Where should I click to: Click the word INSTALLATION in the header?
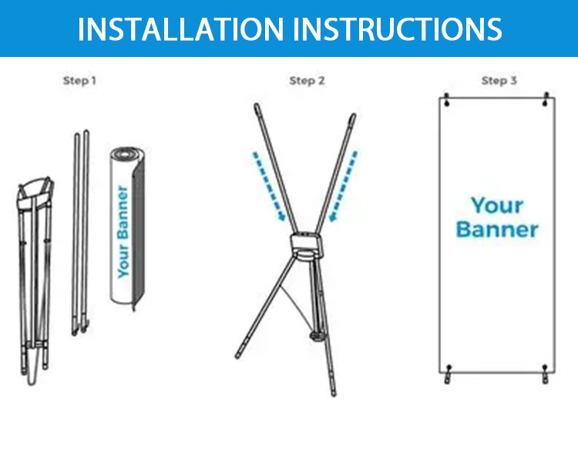pyautogui.click(x=180, y=29)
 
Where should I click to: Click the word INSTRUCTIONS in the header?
pyautogui.click(x=398, y=29)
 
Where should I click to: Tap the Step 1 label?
pyautogui.click(x=79, y=81)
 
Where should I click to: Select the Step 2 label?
pyautogui.click(x=307, y=81)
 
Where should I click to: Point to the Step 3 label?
pyautogui.click(x=499, y=81)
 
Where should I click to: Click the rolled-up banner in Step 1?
pyautogui.click(x=127, y=229)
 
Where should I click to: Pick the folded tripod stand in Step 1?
pyautogui.click(x=35, y=280)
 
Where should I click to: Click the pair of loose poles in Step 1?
pyautogui.click(x=81, y=232)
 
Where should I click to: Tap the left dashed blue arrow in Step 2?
pyautogui.click(x=269, y=186)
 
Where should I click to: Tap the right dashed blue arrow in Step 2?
pyautogui.click(x=343, y=186)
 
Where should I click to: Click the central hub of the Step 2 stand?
pyautogui.click(x=306, y=246)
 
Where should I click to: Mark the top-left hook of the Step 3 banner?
pyautogui.click(x=447, y=100)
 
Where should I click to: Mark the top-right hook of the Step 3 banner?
pyautogui.click(x=546, y=99)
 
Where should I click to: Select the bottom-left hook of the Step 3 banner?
pyautogui.click(x=448, y=374)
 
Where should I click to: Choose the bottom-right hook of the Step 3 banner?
pyautogui.click(x=545, y=374)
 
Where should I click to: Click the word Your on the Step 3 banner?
pyautogui.click(x=497, y=205)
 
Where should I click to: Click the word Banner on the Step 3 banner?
pyautogui.click(x=497, y=229)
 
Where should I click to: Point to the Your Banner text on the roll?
pyautogui.click(x=123, y=231)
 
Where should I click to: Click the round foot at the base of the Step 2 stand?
pyautogui.click(x=317, y=336)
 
